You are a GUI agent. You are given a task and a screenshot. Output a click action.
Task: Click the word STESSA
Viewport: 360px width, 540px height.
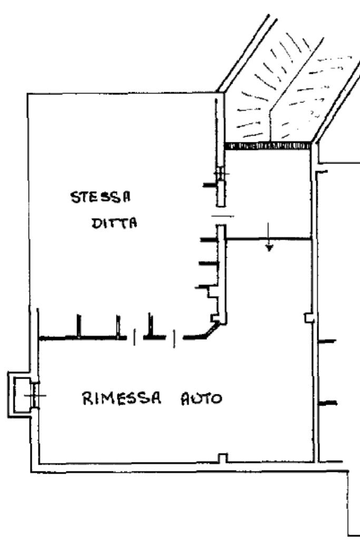tap(101, 199)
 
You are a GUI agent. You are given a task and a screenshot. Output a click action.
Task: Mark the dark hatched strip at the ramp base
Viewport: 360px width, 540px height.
tap(268, 145)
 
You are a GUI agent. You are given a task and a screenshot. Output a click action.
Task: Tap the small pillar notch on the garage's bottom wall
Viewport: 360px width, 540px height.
tap(223, 458)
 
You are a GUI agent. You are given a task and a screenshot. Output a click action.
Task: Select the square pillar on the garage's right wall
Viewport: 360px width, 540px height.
tap(309, 317)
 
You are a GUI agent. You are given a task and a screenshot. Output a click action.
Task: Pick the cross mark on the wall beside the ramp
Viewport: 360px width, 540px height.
tap(221, 175)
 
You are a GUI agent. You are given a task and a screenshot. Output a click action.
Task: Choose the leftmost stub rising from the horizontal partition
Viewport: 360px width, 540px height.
tap(79, 326)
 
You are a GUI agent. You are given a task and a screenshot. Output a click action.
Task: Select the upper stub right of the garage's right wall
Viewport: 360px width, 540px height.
tap(328, 341)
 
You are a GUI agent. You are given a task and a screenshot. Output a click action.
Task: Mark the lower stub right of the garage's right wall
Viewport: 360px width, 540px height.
tap(328, 403)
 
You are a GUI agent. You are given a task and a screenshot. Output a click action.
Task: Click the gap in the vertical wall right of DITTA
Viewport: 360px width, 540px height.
tap(221, 216)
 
